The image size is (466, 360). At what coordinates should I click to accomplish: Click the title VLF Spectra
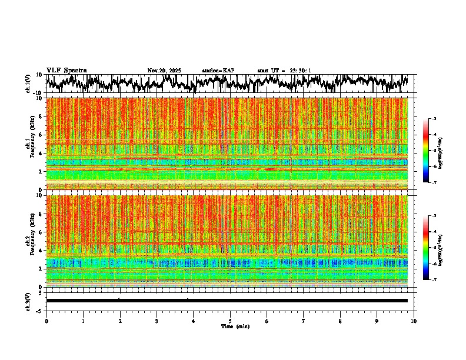pyautogui.click(x=66, y=70)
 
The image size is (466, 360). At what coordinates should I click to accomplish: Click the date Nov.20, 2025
pyautogui.click(x=164, y=71)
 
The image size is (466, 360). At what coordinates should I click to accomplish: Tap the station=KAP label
pyautogui.click(x=218, y=71)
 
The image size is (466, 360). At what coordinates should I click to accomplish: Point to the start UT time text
pyautogui.click(x=284, y=71)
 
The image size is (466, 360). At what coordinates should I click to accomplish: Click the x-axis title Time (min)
pyautogui.click(x=235, y=326)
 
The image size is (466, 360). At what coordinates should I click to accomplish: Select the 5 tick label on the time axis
pyautogui.click(x=230, y=321)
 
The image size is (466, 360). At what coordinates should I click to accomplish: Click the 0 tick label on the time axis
pyautogui.click(x=46, y=321)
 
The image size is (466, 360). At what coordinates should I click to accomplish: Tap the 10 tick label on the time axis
pyautogui.click(x=414, y=321)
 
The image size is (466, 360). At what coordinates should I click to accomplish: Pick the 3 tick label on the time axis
pyautogui.click(x=157, y=321)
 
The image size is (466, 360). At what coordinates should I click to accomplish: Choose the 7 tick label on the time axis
pyautogui.click(x=304, y=321)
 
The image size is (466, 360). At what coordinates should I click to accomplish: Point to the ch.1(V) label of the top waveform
pyautogui.click(x=28, y=84)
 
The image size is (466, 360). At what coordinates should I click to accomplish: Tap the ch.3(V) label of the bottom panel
pyautogui.click(x=28, y=301)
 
